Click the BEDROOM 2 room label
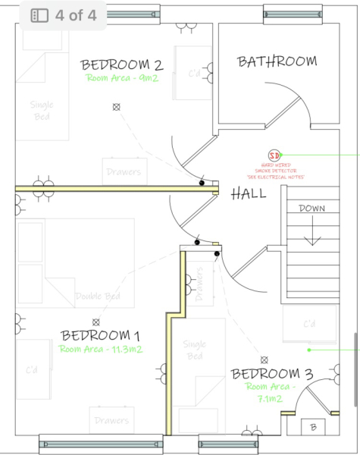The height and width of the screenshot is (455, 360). pos(122,64)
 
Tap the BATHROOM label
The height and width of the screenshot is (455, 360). pos(276,61)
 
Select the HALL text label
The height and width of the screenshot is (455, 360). pos(249,193)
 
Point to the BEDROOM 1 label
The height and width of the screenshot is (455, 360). pos(100,335)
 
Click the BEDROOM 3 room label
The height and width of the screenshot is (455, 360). pos(272,374)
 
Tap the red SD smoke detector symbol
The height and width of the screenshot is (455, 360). pos(274,155)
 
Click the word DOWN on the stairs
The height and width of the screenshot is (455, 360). pos(311,208)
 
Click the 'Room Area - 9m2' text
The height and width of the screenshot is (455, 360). pos(121,78)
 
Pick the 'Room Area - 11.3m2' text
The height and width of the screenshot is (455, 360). pos(100,350)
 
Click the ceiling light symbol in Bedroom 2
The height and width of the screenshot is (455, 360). pos(116,108)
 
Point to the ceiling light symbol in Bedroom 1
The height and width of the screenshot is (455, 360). pos(95,322)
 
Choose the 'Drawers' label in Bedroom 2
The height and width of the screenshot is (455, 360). pos(124,172)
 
